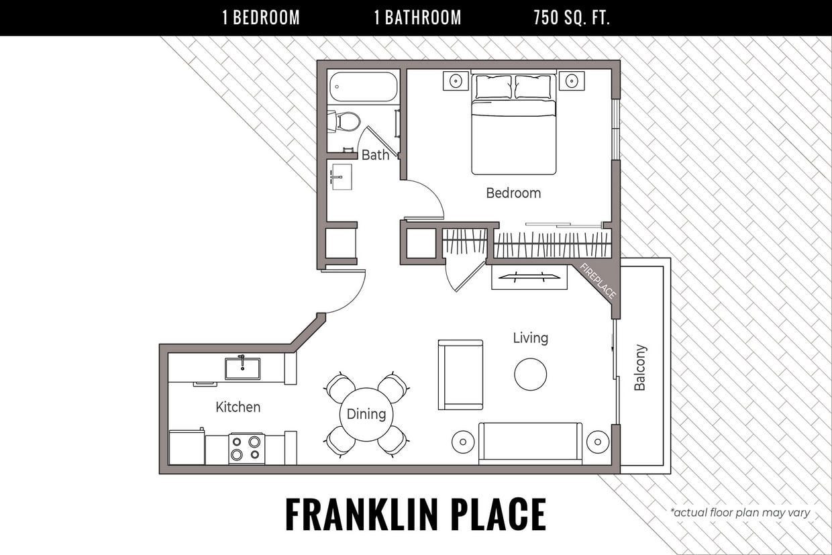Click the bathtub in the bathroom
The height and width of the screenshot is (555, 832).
363,87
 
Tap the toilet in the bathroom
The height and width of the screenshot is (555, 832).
346,121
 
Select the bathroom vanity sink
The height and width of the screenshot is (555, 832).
342,176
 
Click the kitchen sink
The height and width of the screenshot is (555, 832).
242,368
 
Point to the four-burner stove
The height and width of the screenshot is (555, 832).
246,448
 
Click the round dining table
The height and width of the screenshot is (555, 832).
366,414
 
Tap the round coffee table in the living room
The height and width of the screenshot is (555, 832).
530,374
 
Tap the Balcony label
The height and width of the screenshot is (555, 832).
640,368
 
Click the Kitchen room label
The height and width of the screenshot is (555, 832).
238,407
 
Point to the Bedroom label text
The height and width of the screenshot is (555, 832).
513,193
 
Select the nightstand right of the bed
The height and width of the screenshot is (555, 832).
571,81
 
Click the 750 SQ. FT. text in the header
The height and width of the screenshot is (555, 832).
572,18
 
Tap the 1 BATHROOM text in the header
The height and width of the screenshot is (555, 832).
417,18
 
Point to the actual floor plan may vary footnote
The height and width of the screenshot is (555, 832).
740,513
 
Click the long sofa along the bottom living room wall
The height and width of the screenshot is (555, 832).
530,442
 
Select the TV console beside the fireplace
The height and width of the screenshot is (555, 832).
529,277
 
